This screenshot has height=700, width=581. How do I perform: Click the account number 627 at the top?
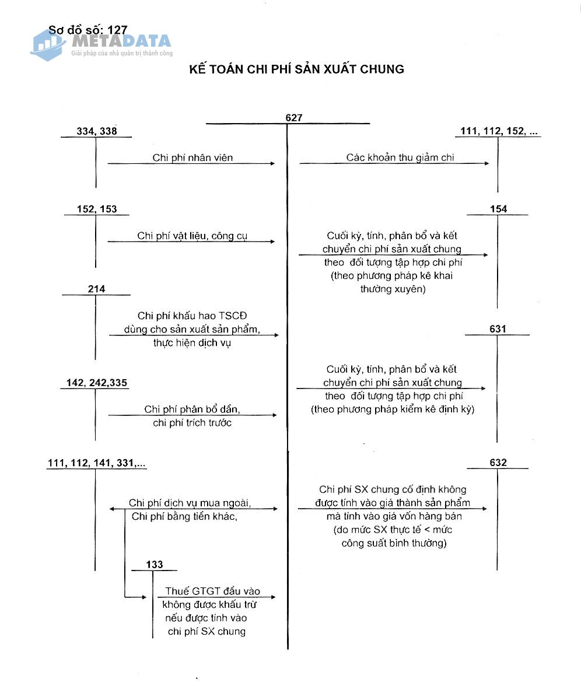pos(294,118)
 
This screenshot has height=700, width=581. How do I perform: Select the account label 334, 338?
pos(97,131)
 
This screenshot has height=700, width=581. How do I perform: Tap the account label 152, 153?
pos(97,209)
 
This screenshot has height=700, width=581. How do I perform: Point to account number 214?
pos(96,289)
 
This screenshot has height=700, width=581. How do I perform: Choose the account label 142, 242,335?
pos(97,383)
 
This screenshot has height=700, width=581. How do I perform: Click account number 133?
pos(155,565)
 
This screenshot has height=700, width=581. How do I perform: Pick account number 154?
pos(499,209)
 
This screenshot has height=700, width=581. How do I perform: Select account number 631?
pos(498,330)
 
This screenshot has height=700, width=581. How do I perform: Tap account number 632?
pos(499,463)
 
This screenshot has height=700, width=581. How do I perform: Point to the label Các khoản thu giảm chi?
pos(400,157)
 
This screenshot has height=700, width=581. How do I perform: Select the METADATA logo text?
pos(121,41)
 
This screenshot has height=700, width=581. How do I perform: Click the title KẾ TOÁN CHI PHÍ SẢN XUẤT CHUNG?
pos(296,69)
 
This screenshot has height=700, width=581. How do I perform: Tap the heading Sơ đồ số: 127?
pos(88,30)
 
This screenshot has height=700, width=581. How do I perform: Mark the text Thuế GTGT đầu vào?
pos(213,591)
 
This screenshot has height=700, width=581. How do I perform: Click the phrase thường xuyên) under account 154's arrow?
pos(393,289)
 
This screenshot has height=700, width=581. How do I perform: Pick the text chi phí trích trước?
pos(192,423)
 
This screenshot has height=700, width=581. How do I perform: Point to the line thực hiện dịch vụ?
pos(192,343)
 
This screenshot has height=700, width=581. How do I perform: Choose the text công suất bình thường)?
pos(394,543)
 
